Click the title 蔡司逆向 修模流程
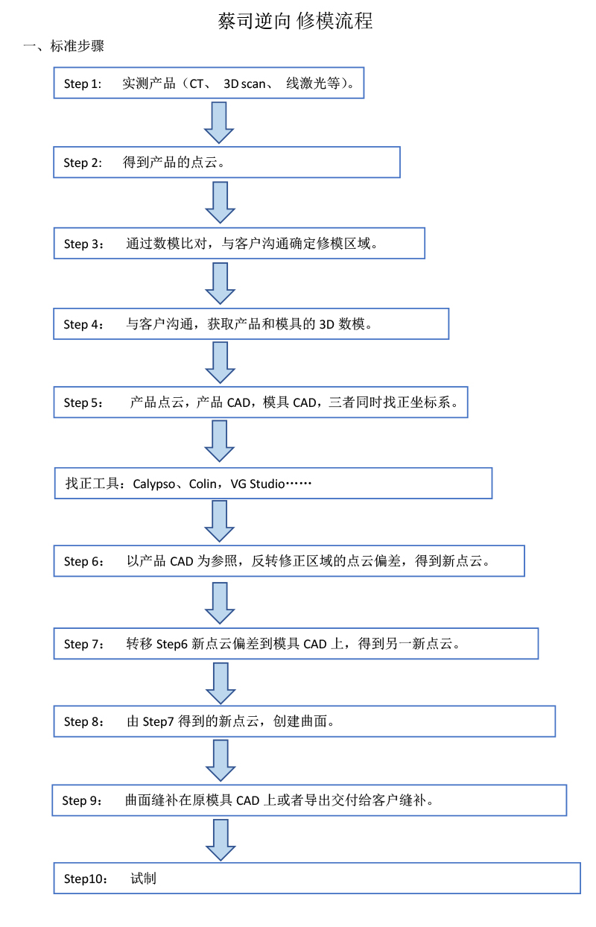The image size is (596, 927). pos(296,22)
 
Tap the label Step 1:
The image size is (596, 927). pos(83,83)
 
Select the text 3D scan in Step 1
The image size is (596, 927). pos(244,83)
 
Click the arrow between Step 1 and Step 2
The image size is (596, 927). pos(220,122)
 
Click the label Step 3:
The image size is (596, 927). pos(84,244)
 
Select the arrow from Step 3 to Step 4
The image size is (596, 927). pos(220,283)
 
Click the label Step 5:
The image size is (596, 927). pos(83,403)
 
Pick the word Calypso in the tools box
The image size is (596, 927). pos(155,484)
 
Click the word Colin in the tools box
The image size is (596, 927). pos(203,484)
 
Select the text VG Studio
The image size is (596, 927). pos(258,484)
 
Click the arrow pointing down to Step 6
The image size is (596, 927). pos(220,521)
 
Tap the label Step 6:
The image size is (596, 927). pos(84,562)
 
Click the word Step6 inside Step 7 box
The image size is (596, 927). pos(172,644)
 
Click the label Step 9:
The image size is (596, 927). pos(82,801)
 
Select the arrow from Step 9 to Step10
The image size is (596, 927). pos(220,840)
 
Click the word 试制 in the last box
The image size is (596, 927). pos(143,879)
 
